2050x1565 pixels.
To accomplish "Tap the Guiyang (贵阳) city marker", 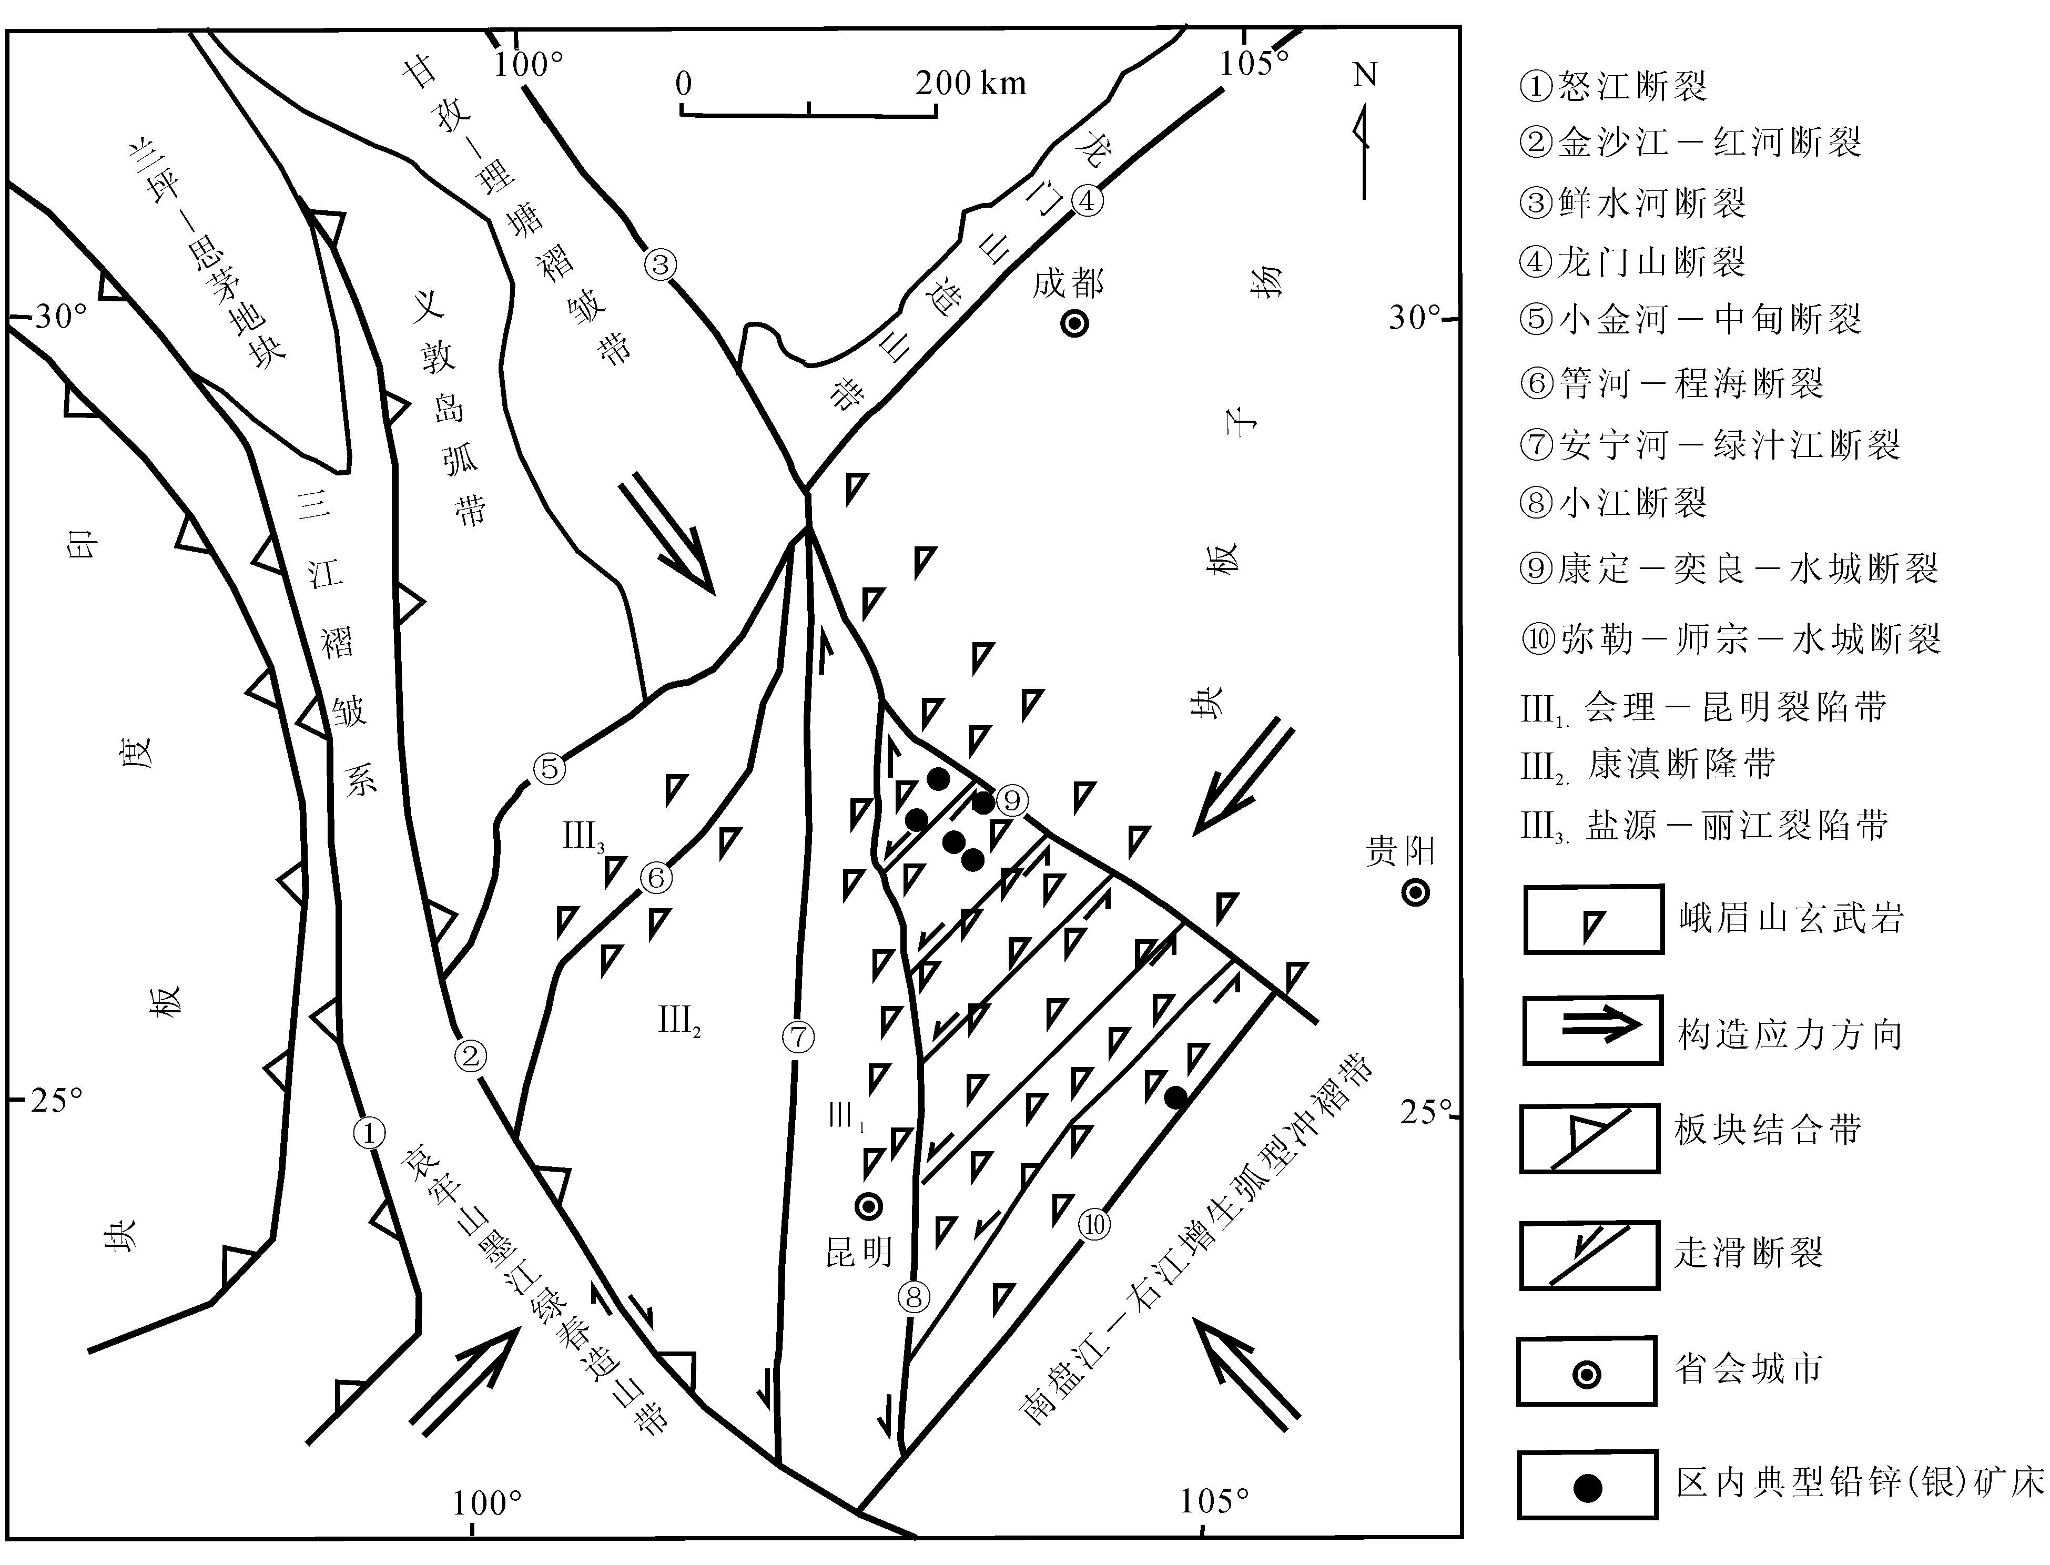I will click(x=1416, y=892).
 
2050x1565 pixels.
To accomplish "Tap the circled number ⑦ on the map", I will click(x=798, y=1036).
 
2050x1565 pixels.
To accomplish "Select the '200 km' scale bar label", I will click(x=970, y=84).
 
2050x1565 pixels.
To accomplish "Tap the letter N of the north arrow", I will click(x=1365, y=75).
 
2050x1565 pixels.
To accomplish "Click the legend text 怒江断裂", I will click(x=1633, y=87).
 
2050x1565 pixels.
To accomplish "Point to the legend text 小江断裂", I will click(x=1633, y=503).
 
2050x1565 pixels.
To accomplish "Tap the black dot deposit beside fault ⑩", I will click(x=1176, y=1097).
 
